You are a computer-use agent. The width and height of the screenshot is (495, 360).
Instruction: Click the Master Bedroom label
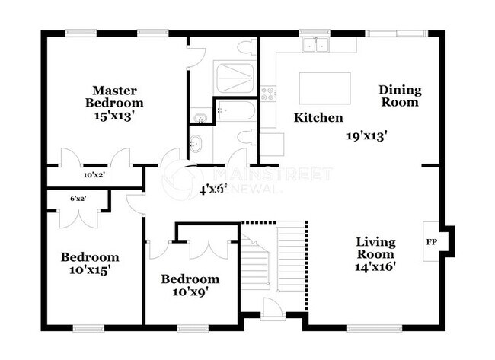pos(114,96)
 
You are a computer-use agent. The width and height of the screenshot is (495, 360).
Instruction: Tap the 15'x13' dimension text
pos(114,117)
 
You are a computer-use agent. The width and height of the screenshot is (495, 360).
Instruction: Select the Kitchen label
pos(318,118)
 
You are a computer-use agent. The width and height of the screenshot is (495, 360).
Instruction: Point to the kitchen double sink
pos(315,45)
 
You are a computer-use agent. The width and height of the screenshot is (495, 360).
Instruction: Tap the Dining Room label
pos(400,96)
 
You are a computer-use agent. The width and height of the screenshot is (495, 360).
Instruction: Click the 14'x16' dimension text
pos(376,268)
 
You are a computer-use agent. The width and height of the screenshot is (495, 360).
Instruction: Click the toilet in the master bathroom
pos(245,46)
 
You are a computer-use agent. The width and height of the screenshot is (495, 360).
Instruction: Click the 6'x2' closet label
pos(77,199)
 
